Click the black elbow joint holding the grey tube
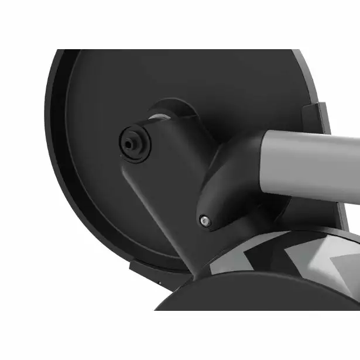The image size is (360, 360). pos(234,176)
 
